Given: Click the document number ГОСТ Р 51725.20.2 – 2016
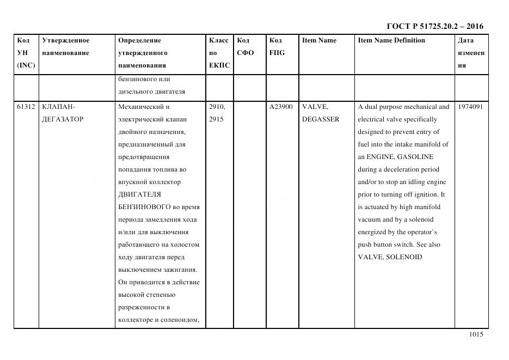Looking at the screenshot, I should tap(434, 26).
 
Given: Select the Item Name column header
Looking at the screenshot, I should tap(319, 40).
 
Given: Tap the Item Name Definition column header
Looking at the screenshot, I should tap(391, 40).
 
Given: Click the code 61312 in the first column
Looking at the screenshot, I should tap(26, 107).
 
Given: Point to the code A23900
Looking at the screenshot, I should tap(281, 107).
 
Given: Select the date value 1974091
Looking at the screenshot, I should tap(471, 107).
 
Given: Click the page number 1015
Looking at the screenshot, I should tap(476, 335).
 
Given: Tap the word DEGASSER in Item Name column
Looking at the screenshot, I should tap(321, 119).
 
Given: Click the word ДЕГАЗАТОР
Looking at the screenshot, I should tap(63, 119).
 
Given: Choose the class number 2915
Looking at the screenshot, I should tap(216, 119).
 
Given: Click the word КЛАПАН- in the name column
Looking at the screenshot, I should tap(54, 107).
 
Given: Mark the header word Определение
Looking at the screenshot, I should tap(139, 40).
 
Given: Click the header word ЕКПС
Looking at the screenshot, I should tap(219, 65).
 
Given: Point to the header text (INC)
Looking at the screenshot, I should tap(26, 65).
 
